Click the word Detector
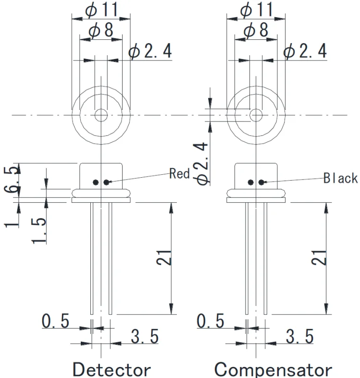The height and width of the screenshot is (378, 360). coord(111,369)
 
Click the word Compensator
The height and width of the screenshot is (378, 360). coord(273,369)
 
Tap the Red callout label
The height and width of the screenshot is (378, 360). coord(179,173)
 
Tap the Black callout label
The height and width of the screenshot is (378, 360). coord(340,178)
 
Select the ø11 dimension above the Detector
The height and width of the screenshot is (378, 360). coord(101,9)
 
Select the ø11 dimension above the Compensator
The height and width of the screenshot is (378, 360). coord(256,9)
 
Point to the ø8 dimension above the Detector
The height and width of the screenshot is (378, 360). coord(101,30)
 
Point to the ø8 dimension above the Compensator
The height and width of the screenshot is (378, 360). coord(256,30)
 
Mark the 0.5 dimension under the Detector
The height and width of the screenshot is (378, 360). coord(55,321)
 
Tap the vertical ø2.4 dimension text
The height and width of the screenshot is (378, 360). coord(202,162)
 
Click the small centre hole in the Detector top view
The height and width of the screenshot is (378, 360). coord(101,115)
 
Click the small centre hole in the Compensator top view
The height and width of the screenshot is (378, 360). coord(256,115)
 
